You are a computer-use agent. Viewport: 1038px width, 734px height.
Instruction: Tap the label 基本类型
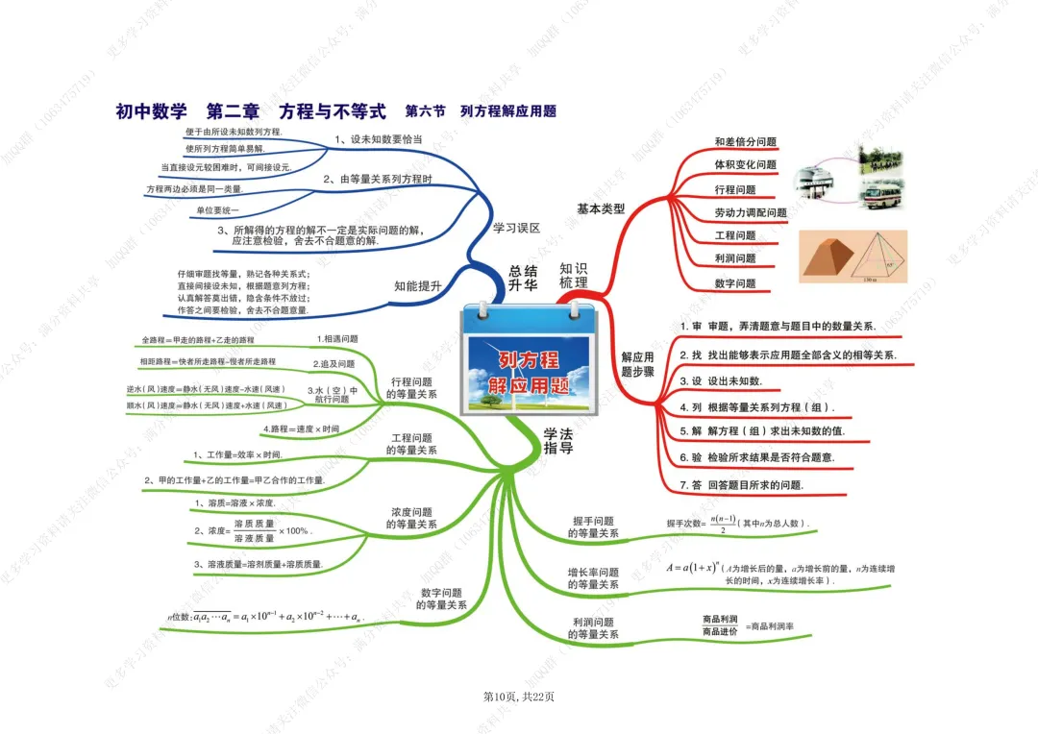601,208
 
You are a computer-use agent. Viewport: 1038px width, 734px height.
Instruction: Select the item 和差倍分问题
745,142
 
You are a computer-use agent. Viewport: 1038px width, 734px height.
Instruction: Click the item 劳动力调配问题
751,212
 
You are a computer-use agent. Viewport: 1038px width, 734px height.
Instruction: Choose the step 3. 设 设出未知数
716,381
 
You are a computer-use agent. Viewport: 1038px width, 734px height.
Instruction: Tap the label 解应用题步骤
639,363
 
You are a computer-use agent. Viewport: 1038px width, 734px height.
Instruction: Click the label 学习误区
517,229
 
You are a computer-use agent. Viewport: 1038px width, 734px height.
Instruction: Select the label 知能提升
418,285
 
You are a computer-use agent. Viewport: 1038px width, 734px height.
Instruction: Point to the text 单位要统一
218,209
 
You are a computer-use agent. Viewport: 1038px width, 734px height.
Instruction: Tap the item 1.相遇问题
337,339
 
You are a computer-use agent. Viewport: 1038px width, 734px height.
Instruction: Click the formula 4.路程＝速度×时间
301,428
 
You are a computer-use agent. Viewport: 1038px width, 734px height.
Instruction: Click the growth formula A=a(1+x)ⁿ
694,568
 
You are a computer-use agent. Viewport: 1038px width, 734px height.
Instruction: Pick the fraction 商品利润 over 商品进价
720,624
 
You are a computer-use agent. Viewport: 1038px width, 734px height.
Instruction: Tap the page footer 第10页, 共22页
519,697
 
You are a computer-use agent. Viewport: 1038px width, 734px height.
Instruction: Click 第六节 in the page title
426,111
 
